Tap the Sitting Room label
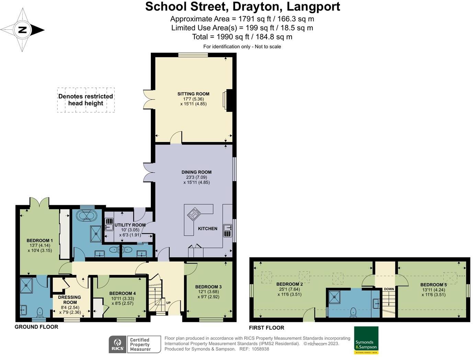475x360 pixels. [193, 94]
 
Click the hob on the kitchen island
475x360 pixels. [194, 214]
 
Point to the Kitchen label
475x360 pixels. [207, 229]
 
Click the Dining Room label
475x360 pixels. [196, 172]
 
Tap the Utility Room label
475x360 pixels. [130, 225]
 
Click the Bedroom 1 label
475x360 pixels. [39, 241]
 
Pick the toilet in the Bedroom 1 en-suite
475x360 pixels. [40, 312]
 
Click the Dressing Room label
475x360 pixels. [70, 300]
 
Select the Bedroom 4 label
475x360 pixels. [122, 293]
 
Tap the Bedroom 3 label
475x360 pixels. [208, 287]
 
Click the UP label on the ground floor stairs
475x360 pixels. [168, 303]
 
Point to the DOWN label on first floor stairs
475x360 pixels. [389, 289]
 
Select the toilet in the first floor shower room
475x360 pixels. [353, 312]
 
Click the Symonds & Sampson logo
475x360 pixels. [366, 340]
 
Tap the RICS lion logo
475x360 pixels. [117, 344]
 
